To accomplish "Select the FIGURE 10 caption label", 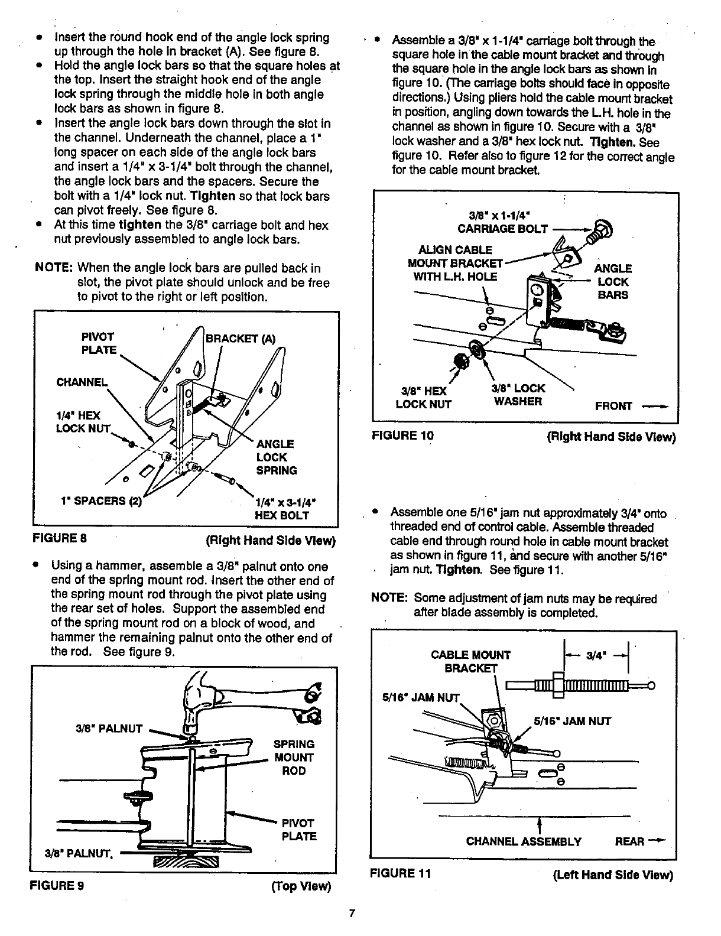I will point(402,436).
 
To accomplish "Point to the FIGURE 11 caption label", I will point(400,873).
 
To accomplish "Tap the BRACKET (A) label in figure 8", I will point(241,339).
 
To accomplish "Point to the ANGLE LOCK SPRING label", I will point(277,457).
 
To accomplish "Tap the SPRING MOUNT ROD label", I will point(294,758).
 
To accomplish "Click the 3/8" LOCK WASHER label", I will point(518,395).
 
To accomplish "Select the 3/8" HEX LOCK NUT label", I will point(423,398).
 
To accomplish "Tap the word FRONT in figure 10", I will point(613,406).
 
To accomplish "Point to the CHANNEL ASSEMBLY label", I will point(524,841).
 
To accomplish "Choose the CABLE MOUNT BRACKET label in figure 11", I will point(471,661).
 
